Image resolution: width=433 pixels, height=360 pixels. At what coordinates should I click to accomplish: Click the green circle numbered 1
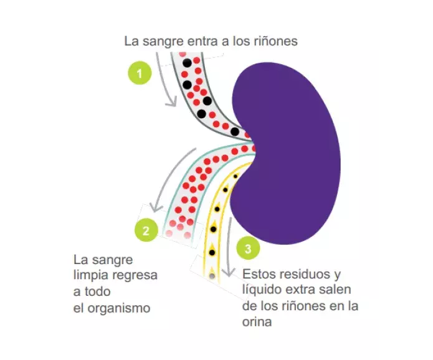pyautogui.click(x=140, y=73)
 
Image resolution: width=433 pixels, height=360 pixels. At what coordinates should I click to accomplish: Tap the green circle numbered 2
pyautogui.click(x=146, y=230)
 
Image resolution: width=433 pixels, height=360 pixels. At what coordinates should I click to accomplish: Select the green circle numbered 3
pyautogui.click(x=248, y=250)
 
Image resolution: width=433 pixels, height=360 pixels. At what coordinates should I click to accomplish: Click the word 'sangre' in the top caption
pyautogui.click(x=159, y=42)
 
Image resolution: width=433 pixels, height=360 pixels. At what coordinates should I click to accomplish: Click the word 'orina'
pyautogui.click(x=257, y=322)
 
